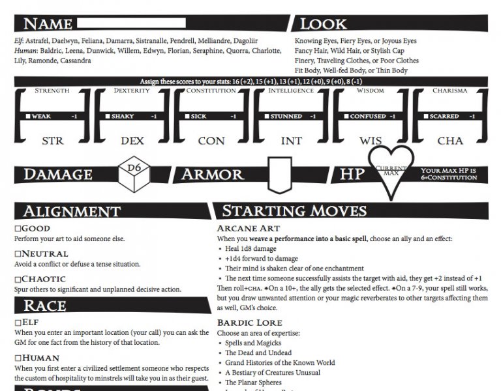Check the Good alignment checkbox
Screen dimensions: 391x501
(x=18, y=229)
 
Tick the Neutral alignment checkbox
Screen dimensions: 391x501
(x=18, y=254)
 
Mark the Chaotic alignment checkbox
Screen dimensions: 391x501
(x=18, y=280)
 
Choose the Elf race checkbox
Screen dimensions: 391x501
(x=18, y=323)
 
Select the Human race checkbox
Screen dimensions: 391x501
(x=18, y=358)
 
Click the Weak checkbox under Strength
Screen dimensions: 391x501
(x=28, y=117)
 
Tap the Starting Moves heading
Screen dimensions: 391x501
(x=294, y=210)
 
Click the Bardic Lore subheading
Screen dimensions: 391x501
(x=249, y=323)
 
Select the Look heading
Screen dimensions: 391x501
(x=323, y=24)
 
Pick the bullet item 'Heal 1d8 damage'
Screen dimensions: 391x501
(x=252, y=249)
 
